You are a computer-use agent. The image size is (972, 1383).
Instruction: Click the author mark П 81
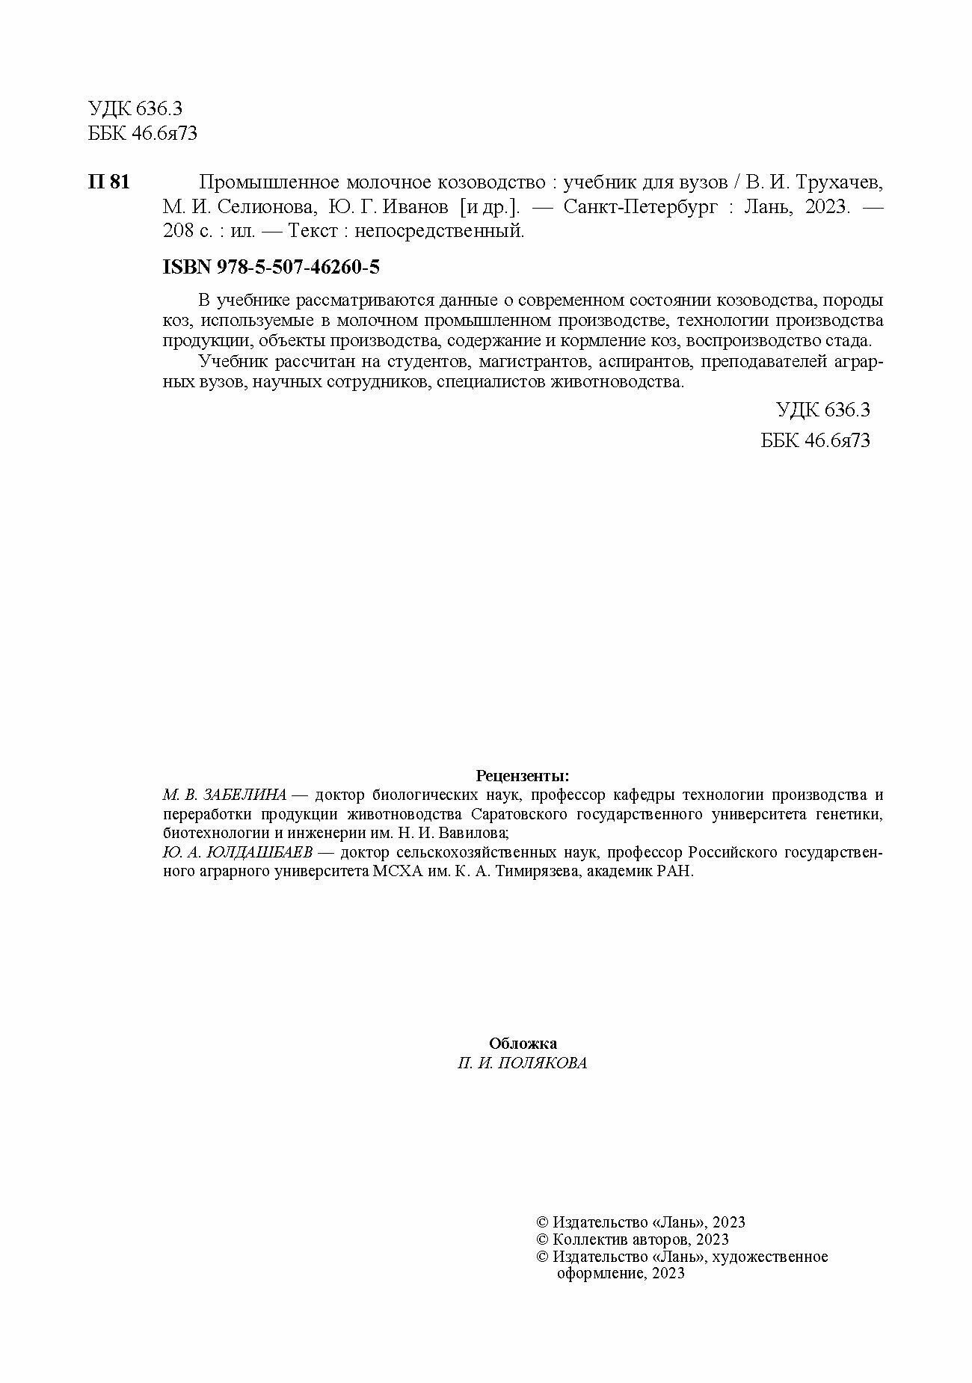pyautogui.click(x=108, y=182)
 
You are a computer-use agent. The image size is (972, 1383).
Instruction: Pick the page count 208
pyautogui.click(x=176, y=232)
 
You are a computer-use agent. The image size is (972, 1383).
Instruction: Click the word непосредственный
pyautogui.click(x=439, y=232)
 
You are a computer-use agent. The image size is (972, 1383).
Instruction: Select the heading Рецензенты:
pyautogui.click(x=523, y=775)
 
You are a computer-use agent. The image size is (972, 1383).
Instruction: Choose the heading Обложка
pyautogui.click(x=523, y=1044)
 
